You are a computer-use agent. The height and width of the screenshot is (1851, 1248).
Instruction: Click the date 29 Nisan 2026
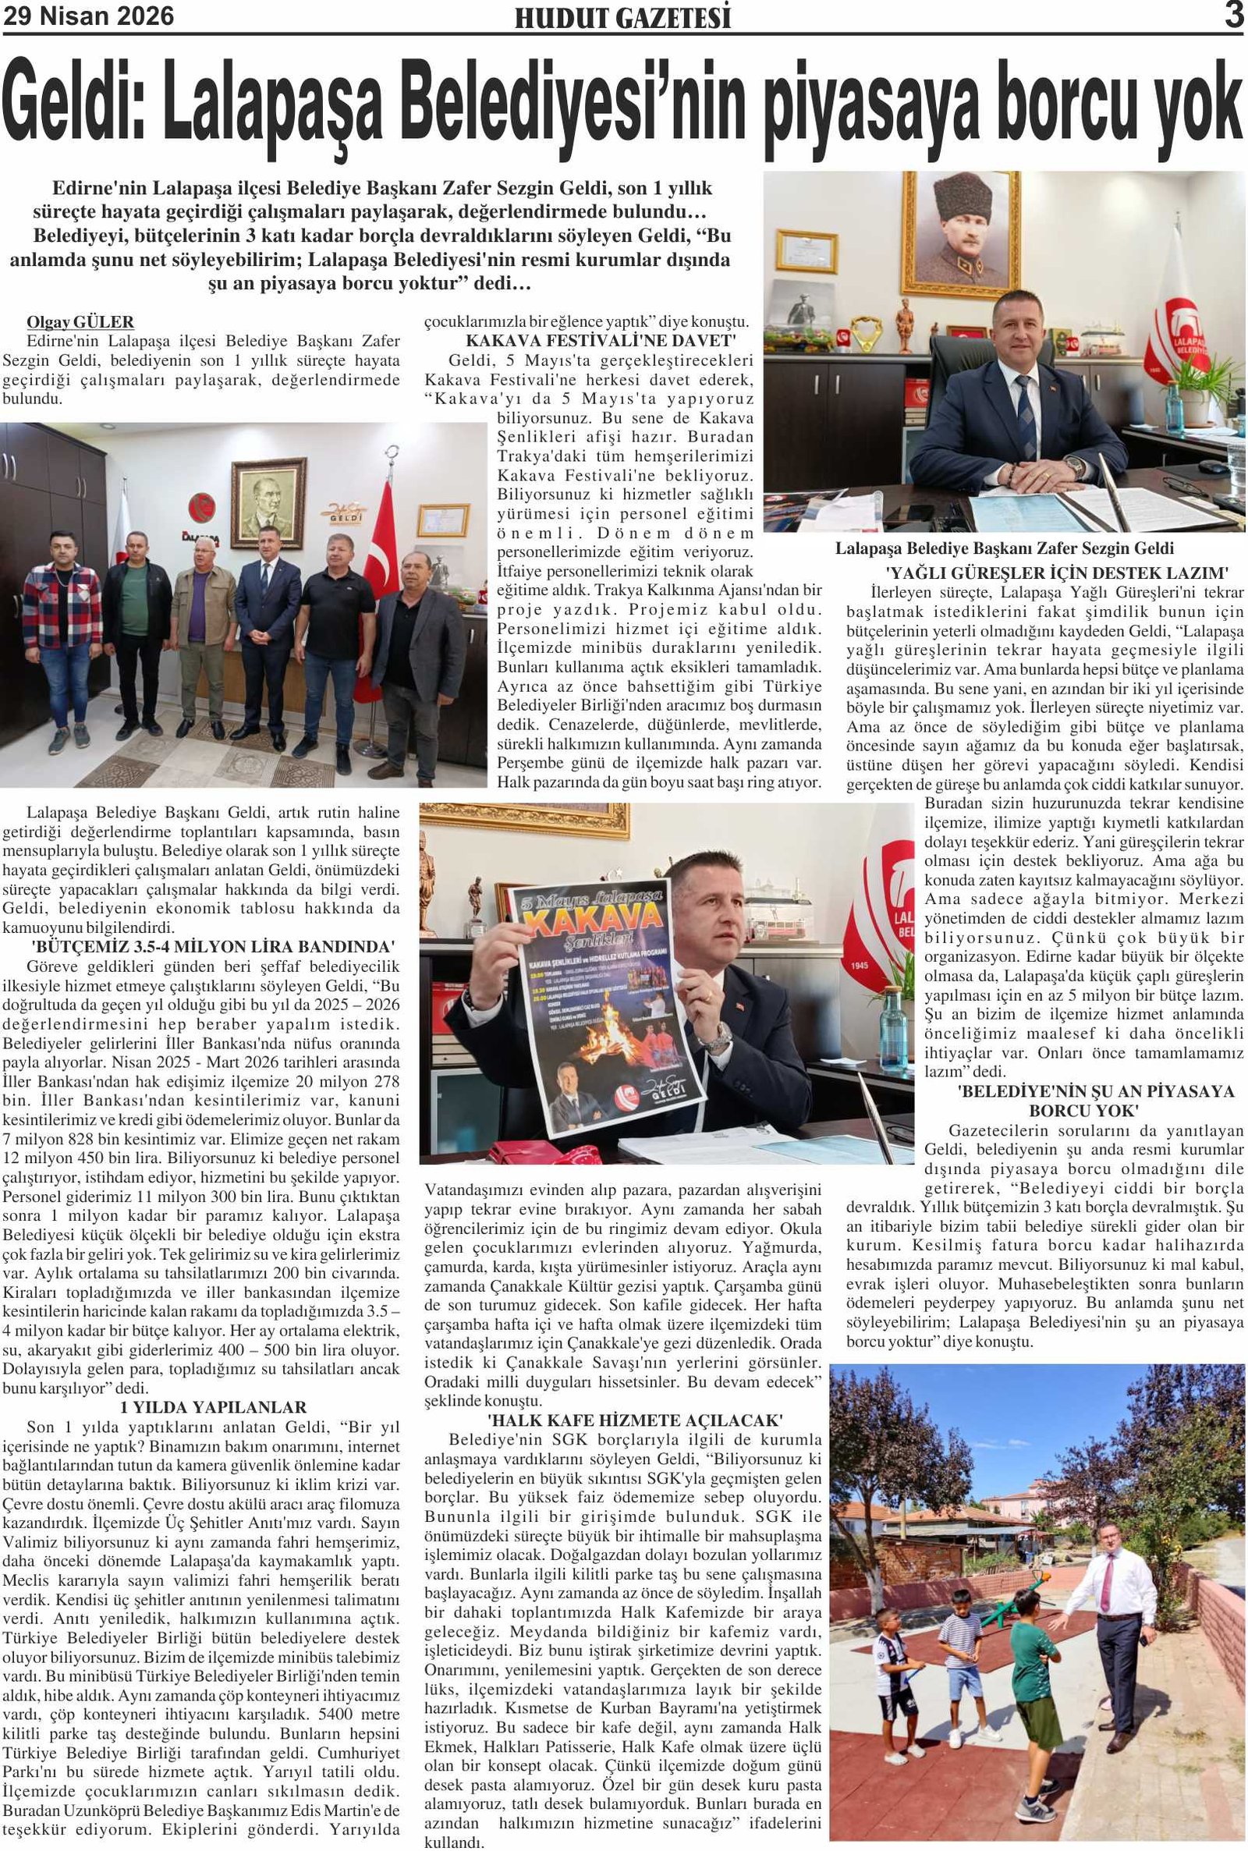pos(88,16)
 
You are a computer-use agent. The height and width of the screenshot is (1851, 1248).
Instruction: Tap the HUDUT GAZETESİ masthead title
pos(622,18)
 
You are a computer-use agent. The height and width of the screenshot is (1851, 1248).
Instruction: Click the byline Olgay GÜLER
pos(80,321)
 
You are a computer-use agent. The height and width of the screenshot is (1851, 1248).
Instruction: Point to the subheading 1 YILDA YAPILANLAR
pos(213,1407)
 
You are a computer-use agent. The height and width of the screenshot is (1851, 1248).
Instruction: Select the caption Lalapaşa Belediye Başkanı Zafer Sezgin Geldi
pos(1004,548)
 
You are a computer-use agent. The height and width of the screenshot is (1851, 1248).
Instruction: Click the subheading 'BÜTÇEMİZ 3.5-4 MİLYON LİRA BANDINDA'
pos(213,947)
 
